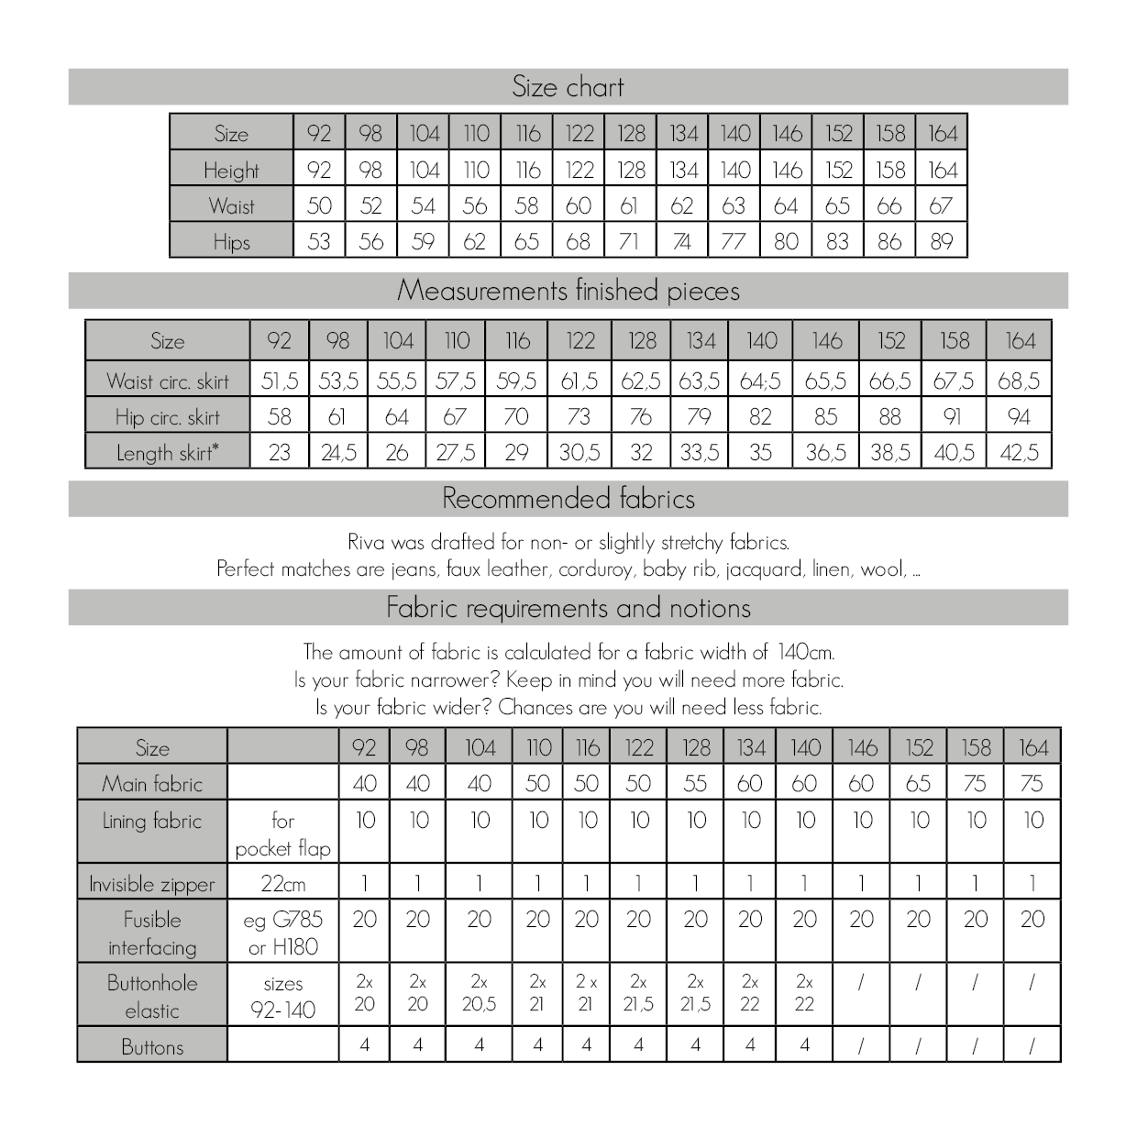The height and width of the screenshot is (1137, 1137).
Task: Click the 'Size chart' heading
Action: [x=568, y=87]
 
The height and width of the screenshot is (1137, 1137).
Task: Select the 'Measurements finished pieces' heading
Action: [x=568, y=291]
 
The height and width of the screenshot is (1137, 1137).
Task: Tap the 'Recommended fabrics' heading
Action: [x=568, y=499]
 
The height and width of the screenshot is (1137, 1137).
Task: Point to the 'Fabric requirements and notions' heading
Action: [x=568, y=608]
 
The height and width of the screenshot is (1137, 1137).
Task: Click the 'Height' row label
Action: [x=231, y=171]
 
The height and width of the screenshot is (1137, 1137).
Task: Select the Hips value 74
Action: [x=681, y=242]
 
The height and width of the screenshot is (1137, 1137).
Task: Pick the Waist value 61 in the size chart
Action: [x=629, y=206]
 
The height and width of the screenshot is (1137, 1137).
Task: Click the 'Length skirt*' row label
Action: [x=168, y=453]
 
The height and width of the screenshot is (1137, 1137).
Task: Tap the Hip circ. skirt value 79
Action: [x=700, y=417]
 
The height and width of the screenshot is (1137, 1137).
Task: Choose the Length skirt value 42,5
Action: [x=1019, y=453]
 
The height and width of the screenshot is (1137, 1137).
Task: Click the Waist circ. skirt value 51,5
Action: [x=280, y=381]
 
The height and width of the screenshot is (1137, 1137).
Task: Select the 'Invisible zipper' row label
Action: [x=152, y=884]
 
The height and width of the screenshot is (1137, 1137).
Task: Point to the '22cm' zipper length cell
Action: [x=282, y=884]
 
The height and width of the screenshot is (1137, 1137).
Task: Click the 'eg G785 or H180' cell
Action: [x=282, y=933]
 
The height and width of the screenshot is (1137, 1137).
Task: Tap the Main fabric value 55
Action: [x=695, y=784]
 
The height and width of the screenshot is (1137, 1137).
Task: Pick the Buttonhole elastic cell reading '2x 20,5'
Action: [x=479, y=993]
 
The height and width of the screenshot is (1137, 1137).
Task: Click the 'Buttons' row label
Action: [x=152, y=1047]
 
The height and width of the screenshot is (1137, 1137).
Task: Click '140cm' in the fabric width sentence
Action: [x=805, y=653]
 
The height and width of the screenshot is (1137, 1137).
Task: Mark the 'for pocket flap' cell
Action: [x=282, y=834]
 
